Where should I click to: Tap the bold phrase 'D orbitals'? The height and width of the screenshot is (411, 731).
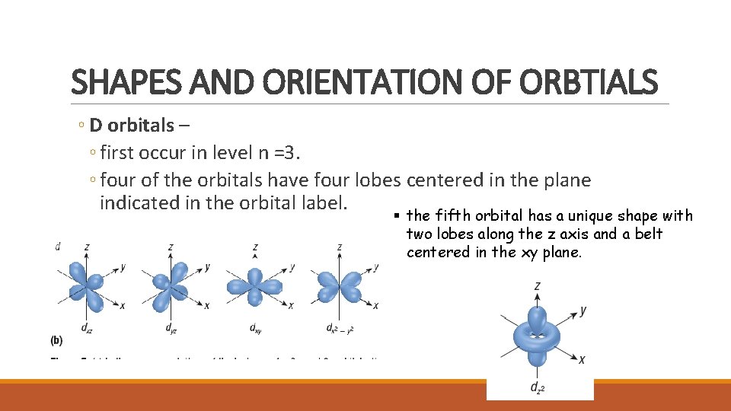[x=132, y=126]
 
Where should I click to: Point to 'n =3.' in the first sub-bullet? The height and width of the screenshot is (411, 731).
[x=281, y=153]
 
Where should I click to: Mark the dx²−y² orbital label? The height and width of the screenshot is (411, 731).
[x=340, y=330]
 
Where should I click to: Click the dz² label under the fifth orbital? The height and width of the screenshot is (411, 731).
[x=538, y=387]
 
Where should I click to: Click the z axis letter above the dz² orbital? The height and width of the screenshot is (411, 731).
[x=538, y=287]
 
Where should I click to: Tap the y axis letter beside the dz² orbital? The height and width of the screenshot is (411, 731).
[x=583, y=311]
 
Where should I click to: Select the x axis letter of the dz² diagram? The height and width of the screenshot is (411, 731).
[x=582, y=359]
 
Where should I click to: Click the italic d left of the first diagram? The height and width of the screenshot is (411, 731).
[x=59, y=246]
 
